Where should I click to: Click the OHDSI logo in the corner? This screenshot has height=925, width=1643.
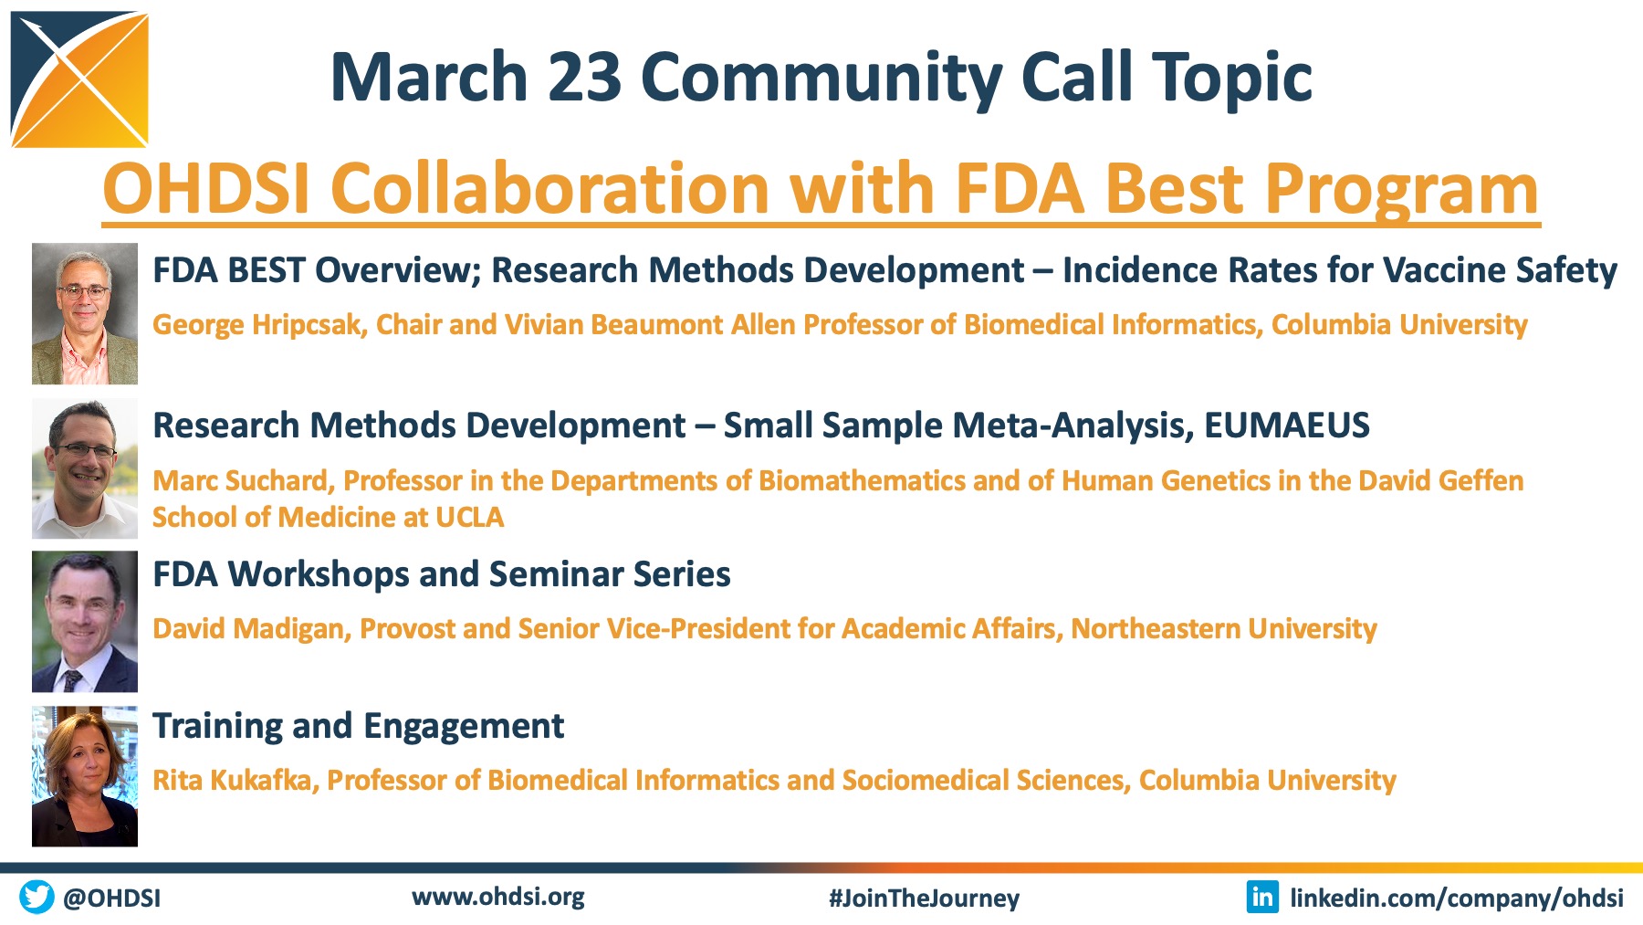point(79,79)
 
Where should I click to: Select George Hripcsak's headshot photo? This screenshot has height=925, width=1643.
point(85,313)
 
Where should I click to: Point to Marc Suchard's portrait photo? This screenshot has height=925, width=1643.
point(85,468)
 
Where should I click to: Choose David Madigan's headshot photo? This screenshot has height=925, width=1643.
point(85,621)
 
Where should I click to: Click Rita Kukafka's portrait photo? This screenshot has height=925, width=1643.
point(85,776)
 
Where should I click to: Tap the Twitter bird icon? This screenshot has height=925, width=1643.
point(37,897)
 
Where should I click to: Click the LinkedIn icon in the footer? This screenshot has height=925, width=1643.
point(1262,897)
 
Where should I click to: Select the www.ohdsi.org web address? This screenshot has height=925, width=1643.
point(498,897)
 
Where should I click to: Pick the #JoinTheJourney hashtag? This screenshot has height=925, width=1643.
point(924,899)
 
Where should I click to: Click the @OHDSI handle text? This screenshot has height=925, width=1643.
point(111,899)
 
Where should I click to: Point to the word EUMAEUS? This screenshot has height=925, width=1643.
point(1287,426)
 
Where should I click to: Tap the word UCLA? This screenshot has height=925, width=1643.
point(470,517)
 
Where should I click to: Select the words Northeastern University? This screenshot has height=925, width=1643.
point(1224,628)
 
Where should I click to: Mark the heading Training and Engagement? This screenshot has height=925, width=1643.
point(359,727)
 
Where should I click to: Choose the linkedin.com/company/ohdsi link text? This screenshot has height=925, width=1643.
point(1457,899)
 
